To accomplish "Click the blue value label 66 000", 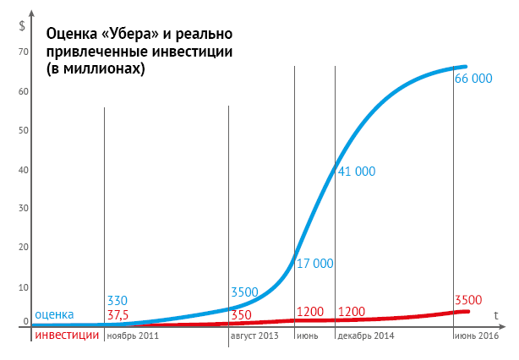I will [x=473, y=79].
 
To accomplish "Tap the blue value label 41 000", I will [x=356, y=171].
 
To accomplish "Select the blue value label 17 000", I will [x=314, y=263].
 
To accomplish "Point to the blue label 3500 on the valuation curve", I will [x=243, y=292].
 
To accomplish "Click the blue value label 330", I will [x=117, y=300].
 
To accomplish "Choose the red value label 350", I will [x=242, y=314].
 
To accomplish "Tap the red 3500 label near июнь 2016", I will [x=467, y=299].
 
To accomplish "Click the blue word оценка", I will [x=55, y=314].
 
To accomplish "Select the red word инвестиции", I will [x=67, y=335].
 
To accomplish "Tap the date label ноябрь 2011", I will [x=131, y=335].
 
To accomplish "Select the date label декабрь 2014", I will [x=366, y=335].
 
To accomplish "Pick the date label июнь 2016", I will [x=476, y=335].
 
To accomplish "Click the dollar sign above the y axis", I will [x=21, y=24].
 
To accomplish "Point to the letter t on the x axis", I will [x=496, y=314].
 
